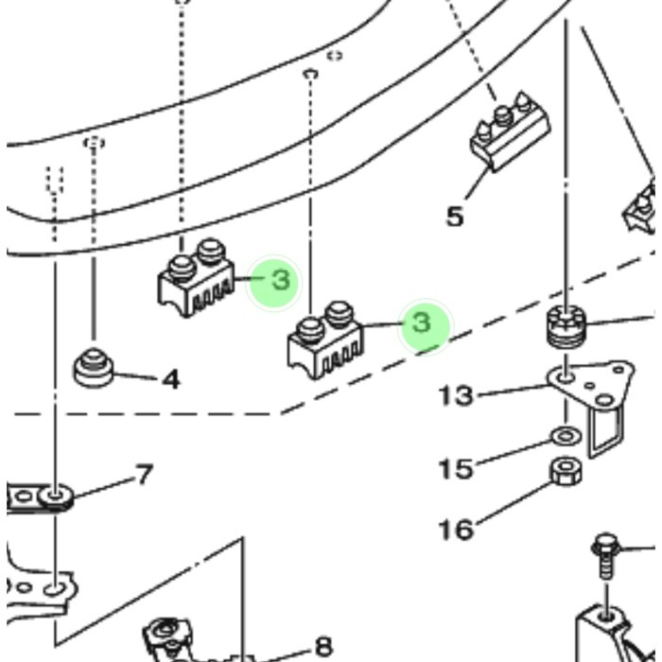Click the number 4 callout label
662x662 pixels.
(x=170, y=380)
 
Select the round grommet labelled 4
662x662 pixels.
(x=94, y=367)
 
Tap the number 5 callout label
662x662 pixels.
(x=455, y=217)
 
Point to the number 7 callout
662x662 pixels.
(x=144, y=474)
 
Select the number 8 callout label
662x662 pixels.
(x=323, y=646)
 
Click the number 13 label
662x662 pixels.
(x=455, y=393)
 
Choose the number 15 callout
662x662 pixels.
(x=455, y=468)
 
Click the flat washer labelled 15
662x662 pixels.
(x=565, y=436)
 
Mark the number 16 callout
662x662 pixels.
(x=455, y=528)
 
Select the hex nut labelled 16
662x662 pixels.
(x=565, y=469)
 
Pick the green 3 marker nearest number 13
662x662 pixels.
(x=422, y=324)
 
